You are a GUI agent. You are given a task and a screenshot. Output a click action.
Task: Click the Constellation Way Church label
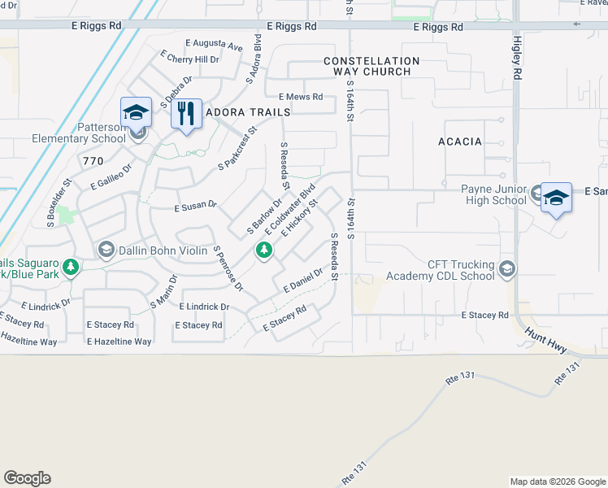coord(371,67)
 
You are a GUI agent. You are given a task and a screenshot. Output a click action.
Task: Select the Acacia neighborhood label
coord(460,142)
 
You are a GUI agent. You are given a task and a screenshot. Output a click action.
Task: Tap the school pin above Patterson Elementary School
coord(136,112)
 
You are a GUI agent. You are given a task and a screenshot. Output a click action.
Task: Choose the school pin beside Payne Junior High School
coord(557,197)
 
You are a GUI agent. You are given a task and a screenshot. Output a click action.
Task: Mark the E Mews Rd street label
coord(301,96)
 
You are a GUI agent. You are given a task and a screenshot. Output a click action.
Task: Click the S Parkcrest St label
coord(237,147)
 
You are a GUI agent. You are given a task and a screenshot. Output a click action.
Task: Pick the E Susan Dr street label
coord(196,207)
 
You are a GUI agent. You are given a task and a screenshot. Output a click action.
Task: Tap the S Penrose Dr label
coord(228,268)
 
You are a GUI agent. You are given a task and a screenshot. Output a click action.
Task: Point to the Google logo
coord(27,478)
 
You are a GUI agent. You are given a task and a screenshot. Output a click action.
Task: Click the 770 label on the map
coord(93,161)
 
